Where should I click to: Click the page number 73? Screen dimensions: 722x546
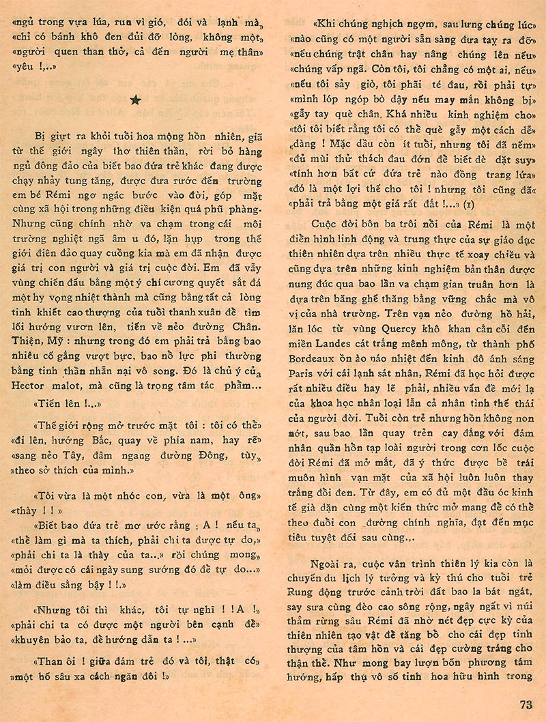pos(525,705)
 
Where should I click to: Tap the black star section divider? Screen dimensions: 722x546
pos(135,100)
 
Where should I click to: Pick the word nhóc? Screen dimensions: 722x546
pos(112,495)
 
